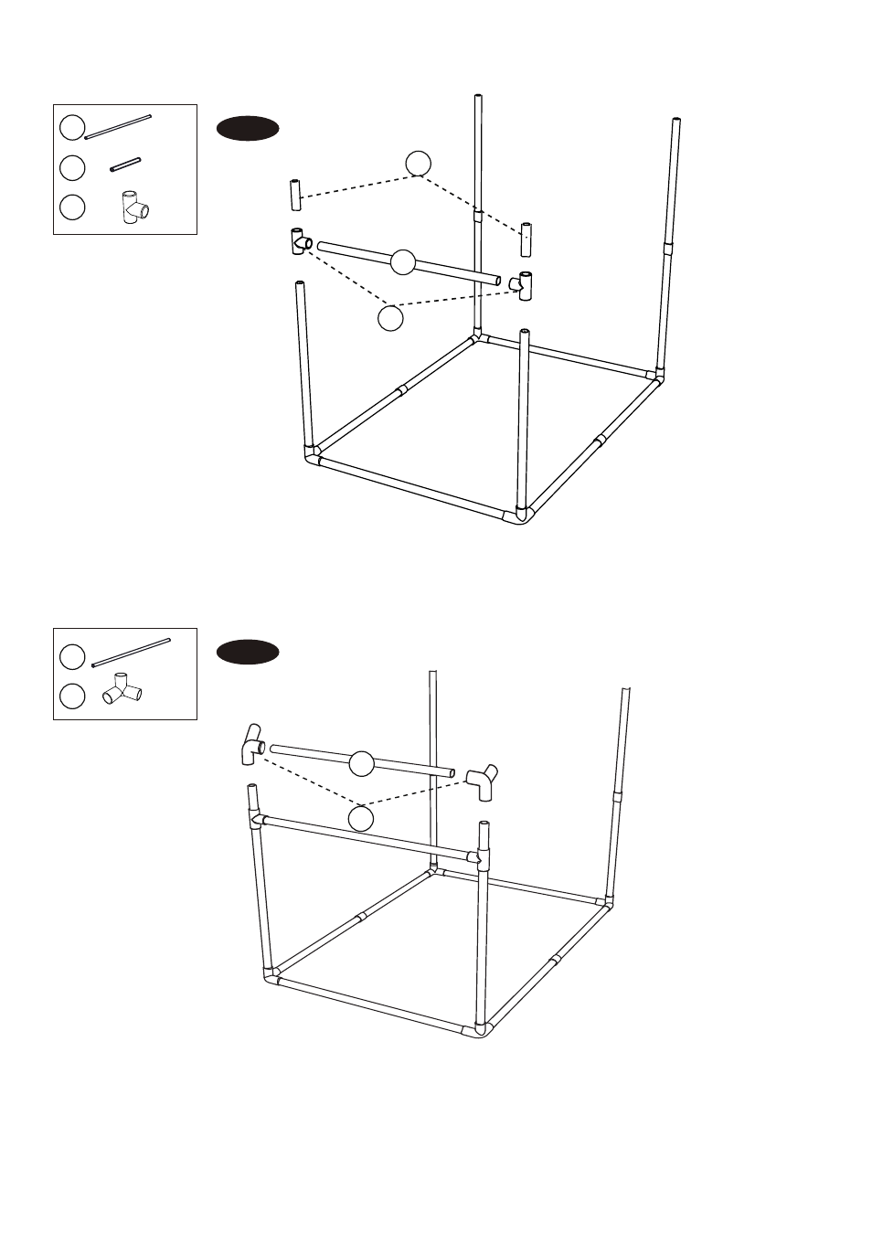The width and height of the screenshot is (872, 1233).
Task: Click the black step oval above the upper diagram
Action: [247, 129]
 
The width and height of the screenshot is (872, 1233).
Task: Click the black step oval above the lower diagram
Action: [247, 653]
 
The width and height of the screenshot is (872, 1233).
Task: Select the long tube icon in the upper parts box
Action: [118, 127]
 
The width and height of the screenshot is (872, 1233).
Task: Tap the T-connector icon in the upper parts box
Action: [135, 206]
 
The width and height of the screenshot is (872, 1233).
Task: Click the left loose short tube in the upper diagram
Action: [296, 195]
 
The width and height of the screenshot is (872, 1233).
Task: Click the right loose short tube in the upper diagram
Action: [526, 239]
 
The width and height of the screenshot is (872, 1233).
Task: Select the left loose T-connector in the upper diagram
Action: [300, 241]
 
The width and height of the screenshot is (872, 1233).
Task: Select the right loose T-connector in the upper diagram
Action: [525, 285]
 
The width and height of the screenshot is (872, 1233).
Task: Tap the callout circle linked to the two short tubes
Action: [419, 163]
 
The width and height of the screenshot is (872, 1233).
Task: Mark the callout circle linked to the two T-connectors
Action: [390, 318]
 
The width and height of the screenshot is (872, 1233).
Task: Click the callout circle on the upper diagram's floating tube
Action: [403, 262]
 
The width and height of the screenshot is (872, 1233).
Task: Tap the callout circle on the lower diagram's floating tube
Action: [362, 763]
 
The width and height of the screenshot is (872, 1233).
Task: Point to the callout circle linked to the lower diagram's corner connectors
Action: [361, 817]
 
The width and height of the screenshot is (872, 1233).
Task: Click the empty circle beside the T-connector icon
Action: [73, 207]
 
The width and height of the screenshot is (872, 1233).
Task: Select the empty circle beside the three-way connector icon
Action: [73, 696]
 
